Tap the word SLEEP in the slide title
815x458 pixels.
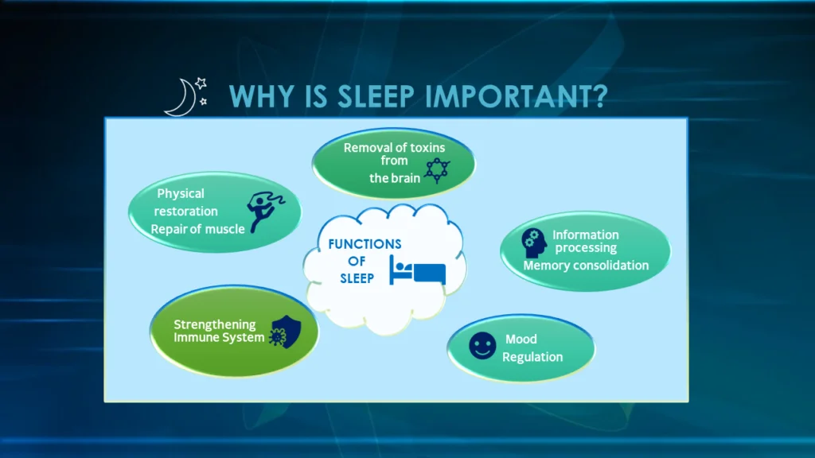[376, 96]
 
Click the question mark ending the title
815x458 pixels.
[599, 96]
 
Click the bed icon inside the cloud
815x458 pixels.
[417, 270]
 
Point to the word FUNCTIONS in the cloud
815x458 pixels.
[365, 244]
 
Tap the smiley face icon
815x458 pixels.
[482, 346]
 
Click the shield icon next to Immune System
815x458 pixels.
[286, 332]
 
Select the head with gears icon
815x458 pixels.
[533, 243]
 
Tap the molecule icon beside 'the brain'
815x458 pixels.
[437, 170]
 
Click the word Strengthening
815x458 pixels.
[215, 324]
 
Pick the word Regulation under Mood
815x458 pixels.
[532, 357]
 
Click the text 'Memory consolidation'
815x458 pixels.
[586, 266]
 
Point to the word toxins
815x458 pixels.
[427, 147]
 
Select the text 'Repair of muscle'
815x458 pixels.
[197, 229]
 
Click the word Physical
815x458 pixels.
[181, 194]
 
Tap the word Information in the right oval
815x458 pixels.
[585, 235]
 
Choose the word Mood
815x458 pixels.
[521, 339]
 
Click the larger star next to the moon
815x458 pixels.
[201, 83]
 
